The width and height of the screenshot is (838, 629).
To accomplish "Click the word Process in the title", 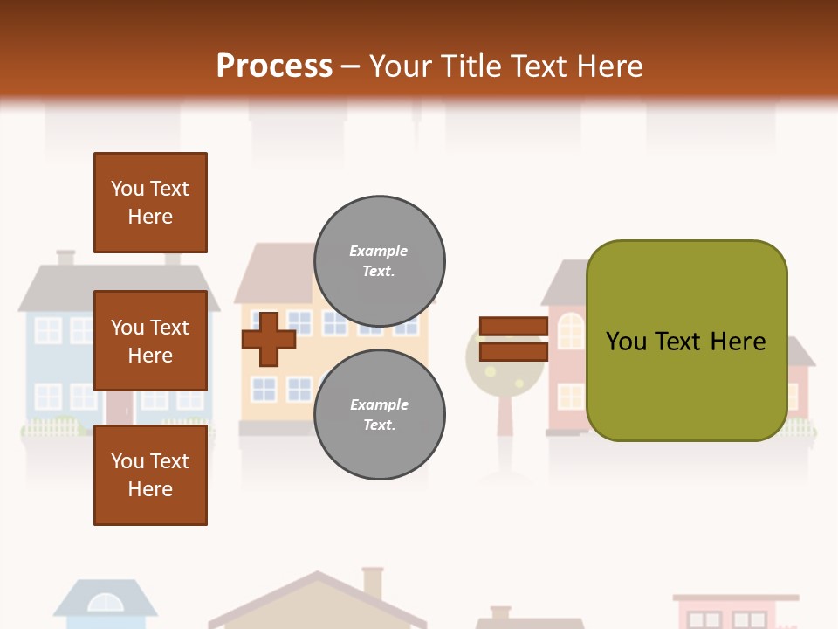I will [x=274, y=66].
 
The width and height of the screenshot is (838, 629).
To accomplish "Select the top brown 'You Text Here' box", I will [x=150, y=203].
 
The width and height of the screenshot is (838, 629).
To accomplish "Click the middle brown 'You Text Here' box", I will [x=150, y=341].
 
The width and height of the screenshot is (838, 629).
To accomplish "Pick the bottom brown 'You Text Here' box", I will [x=150, y=474].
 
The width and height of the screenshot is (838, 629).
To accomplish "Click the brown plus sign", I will [x=268, y=339].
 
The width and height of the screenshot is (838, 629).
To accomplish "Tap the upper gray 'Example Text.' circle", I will [x=379, y=261].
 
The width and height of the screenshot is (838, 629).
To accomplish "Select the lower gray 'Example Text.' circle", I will [x=379, y=414].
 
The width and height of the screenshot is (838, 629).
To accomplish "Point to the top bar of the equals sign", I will [x=513, y=327].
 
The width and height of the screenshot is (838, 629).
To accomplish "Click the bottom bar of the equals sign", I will [x=513, y=351].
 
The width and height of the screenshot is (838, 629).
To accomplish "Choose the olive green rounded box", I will [x=686, y=341].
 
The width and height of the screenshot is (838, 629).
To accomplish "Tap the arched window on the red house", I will [x=570, y=331].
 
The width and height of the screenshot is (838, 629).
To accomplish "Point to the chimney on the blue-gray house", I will [x=65, y=258].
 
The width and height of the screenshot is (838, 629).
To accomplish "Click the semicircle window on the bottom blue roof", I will [x=105, y=603].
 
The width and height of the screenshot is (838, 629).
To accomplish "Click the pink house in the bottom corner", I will [x=735, y=612].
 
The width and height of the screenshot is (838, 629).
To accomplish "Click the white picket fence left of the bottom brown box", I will [x=52, y=428].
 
